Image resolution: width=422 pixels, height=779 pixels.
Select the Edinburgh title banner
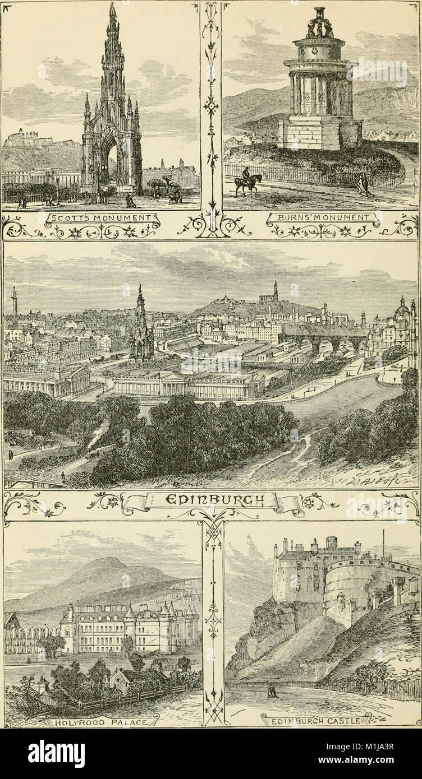click(x=211, y=500)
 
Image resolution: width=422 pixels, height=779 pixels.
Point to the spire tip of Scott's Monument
click(x=113, y=7)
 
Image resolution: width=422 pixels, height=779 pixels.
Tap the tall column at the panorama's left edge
click(x=13, y=303)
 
